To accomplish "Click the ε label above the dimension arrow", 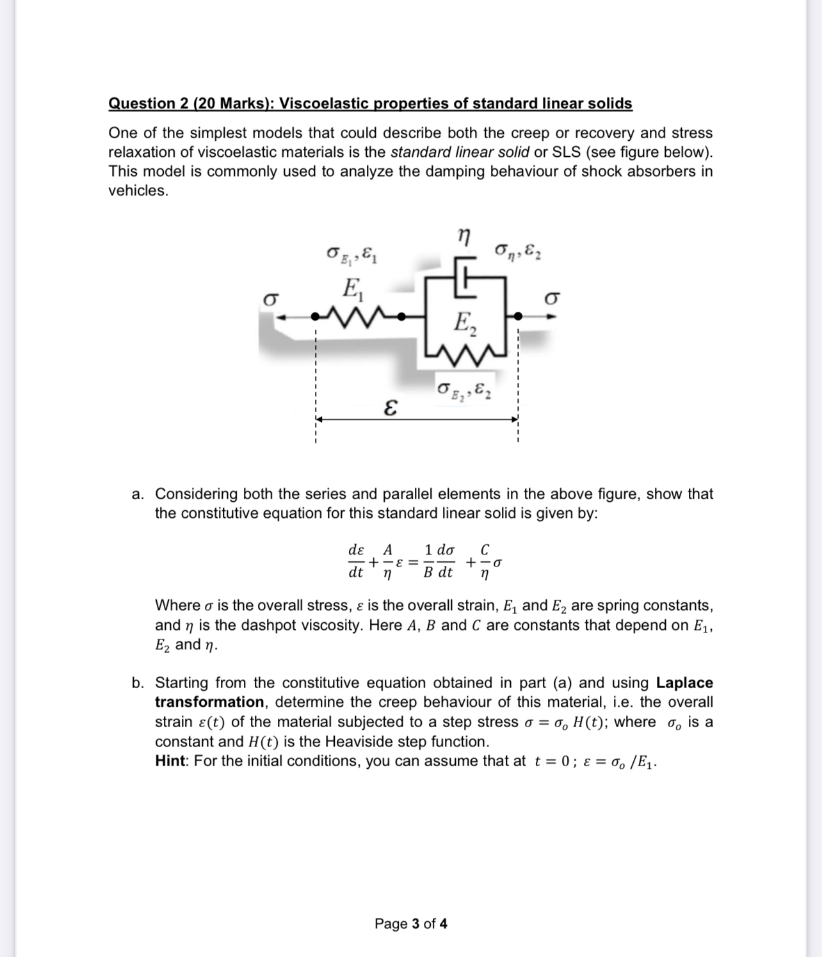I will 389,407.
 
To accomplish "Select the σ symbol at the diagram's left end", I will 271,300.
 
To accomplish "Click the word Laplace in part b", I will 684,683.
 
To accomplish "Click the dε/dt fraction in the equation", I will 356,561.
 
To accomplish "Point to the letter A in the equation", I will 387,550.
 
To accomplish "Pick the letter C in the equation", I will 485,550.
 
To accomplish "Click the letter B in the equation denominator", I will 428,573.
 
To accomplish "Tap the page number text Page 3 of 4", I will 411,924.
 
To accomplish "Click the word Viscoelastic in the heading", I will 323,104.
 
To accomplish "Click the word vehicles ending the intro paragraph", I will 138,191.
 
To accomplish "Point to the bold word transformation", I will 209,702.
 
